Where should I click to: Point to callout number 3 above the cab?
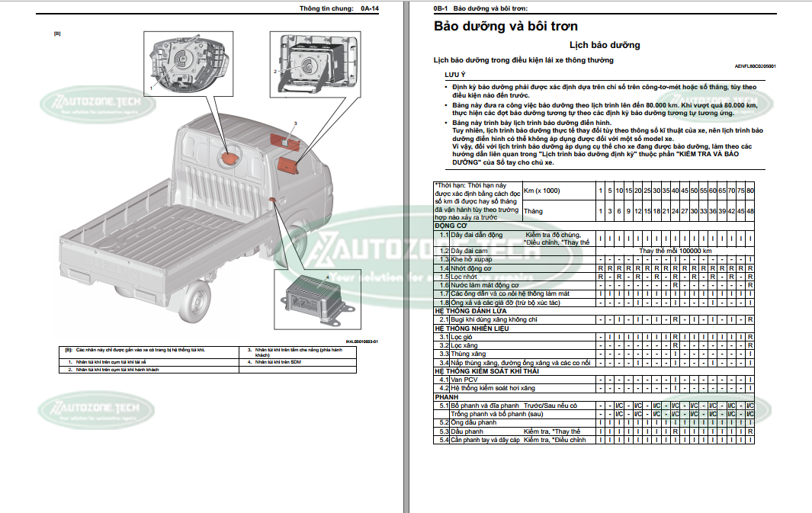294,123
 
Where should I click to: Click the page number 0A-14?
370,8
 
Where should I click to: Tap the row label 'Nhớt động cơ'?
471,268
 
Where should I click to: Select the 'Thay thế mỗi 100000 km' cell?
675,251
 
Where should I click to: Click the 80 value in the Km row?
750,190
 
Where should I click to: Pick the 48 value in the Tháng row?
750,211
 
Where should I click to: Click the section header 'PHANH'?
448,397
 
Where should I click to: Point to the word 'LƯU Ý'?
455,76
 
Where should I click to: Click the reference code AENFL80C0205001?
755,66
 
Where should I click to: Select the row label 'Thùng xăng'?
467,354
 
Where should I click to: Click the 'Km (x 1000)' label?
542,190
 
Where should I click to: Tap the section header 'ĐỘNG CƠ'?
451,226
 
